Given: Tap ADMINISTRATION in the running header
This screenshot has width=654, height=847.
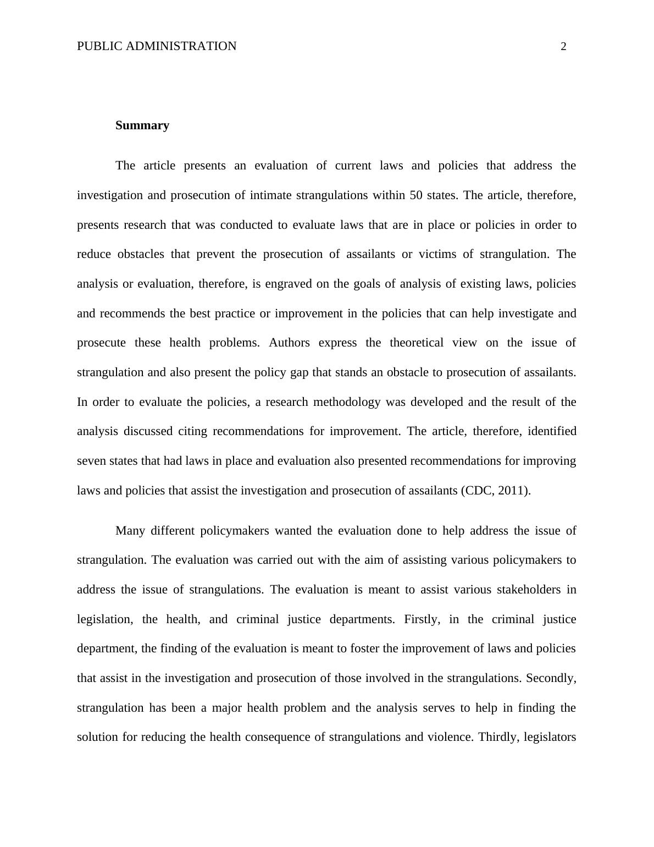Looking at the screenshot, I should click(181, 46).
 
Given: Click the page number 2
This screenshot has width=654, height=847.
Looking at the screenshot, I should click(563, 47).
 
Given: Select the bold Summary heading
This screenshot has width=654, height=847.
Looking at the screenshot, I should click(142, 125).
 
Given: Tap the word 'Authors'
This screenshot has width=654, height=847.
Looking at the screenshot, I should click(289, 343).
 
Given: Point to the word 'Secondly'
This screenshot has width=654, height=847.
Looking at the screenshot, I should click(551, 678).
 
